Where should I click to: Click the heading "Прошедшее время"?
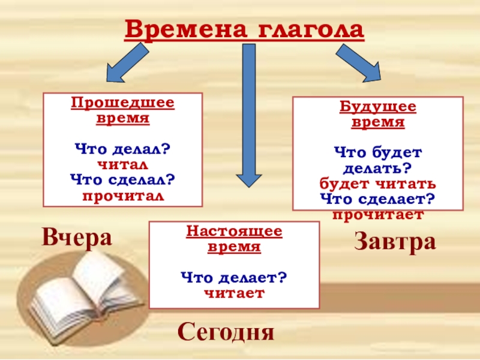click(x=123, y=110)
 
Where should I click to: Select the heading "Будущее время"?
click(x=378, y=115)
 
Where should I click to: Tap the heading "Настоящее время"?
click(x=234, y=239)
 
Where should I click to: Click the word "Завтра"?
click(x=395, y=242)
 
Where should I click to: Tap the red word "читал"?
click(x=122, y=163)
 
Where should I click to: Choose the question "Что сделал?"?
click(x=122, y=179)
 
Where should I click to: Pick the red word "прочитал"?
click(x=122, y=196)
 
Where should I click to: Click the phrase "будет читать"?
click(x=378, y=184)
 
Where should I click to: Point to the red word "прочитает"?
click(x=378, y=214)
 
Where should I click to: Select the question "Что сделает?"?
click(x=378, y=199)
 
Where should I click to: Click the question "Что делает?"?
click(x=234, y=278)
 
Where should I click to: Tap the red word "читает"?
click(x=234, y=293)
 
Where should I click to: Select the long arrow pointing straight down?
click(x=248, y=114)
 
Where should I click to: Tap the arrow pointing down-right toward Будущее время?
click(x=359, y=62)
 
